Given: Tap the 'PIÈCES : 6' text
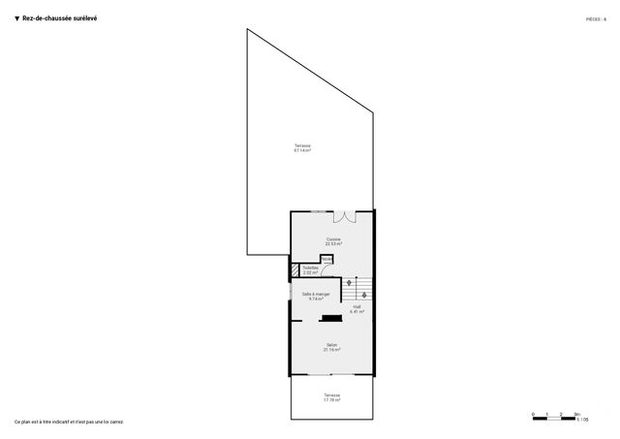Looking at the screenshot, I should (596, 18).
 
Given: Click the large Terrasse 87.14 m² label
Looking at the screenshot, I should (302, 149).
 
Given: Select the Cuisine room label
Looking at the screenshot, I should (333, 241).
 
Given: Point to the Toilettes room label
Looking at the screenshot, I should (311, 270).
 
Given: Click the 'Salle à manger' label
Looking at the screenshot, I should (316, 297).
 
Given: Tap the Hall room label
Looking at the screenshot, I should (356, 310).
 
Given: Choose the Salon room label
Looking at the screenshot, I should (331, 347).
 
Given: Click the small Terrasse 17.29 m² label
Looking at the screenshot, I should (332, 397).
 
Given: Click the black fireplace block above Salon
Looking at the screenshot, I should (331, 317).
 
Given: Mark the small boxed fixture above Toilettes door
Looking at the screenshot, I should (327, 259).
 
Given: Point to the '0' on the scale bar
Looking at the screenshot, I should (533, 414).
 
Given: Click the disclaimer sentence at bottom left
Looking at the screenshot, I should (69, 422).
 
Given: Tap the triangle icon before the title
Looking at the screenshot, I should (16, 17).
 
